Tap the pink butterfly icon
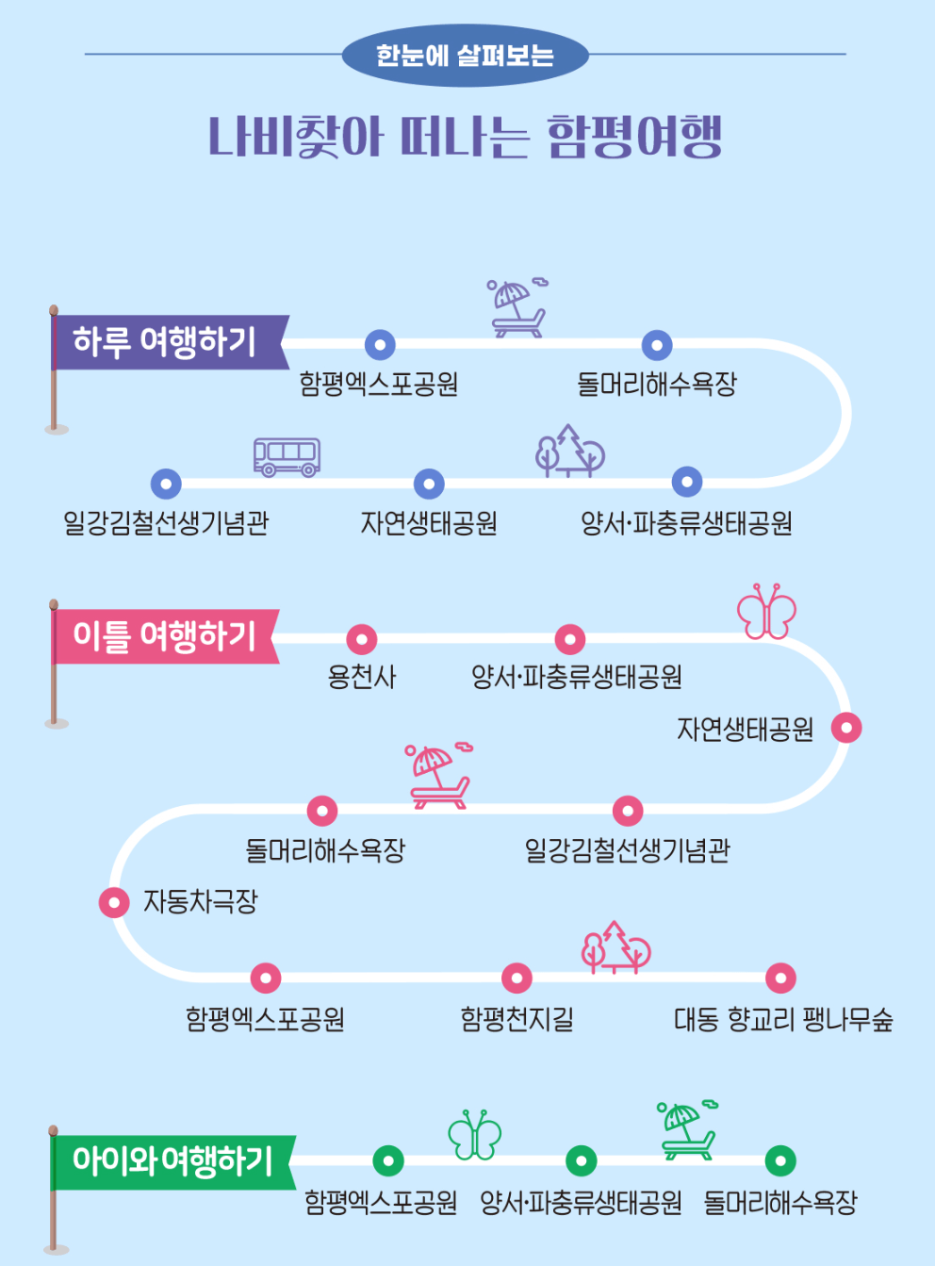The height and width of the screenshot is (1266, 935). tap(766, 612)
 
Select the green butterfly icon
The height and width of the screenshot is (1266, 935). tap(474, 1135)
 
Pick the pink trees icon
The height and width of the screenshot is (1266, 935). tap(615, 947)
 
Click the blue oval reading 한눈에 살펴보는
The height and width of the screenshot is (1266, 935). tap(465, 56)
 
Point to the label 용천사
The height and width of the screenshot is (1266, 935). tap(362, 677)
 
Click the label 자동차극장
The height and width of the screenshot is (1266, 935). tap(200, 902)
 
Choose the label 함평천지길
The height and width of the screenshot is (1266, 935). tap(517, 1019)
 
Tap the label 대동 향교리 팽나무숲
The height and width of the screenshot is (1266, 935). tap(783, 1019)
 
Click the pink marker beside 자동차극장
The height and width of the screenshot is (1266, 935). tap(114, 902)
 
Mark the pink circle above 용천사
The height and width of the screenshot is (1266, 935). tap(362, 639)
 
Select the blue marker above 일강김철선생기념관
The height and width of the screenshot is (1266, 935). tap(166, 484)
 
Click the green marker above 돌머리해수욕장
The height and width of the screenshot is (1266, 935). tap(780, 1160)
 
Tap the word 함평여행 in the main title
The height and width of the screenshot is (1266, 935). tap(634, 138)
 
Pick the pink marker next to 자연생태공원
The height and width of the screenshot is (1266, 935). tap(846, 728)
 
